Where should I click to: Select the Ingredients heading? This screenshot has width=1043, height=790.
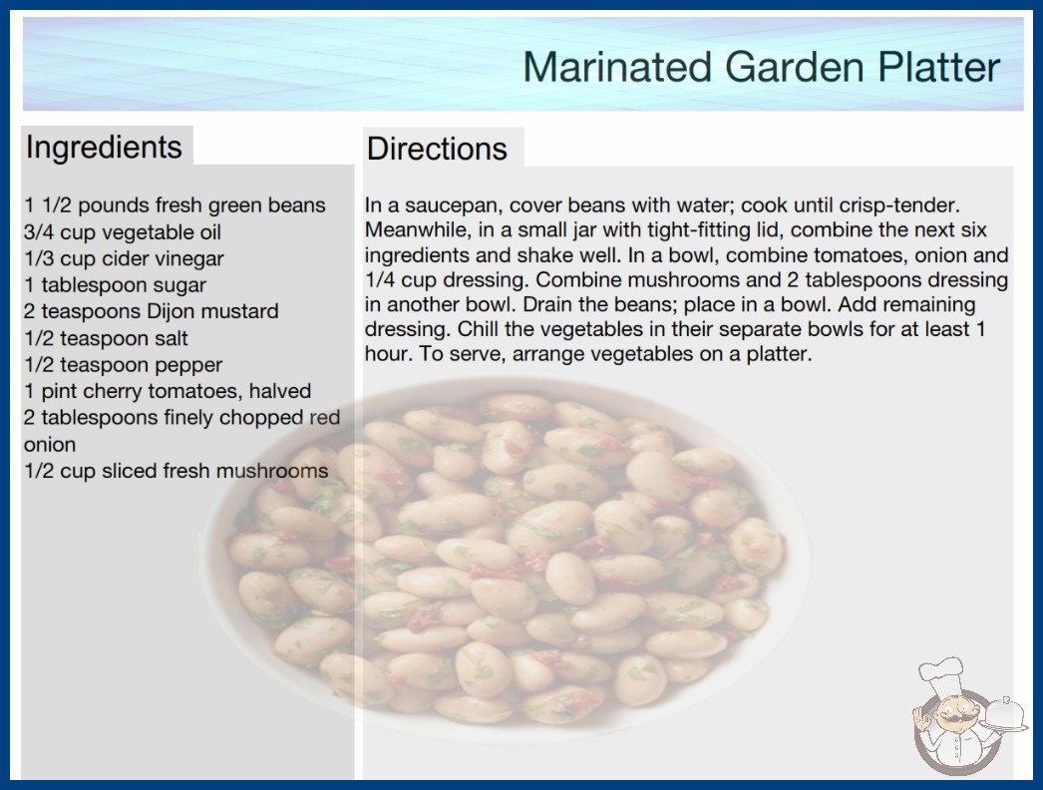(104, 147)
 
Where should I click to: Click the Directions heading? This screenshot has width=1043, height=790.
(437, 149)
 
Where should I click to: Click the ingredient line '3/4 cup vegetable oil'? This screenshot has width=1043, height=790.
(123, 232)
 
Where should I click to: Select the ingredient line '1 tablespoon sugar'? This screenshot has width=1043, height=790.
(115, 285)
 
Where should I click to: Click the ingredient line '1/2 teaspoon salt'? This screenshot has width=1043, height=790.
(106, 338)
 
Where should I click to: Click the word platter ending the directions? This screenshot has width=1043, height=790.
(779, 354)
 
